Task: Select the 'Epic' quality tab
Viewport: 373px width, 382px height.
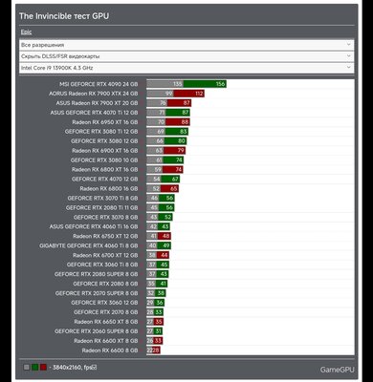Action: pos(26,32)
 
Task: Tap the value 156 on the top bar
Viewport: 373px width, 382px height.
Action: pos(220,84)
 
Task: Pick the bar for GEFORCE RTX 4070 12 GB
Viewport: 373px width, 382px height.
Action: pos(164,179)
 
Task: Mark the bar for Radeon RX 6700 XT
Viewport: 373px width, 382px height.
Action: pos(158,255)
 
